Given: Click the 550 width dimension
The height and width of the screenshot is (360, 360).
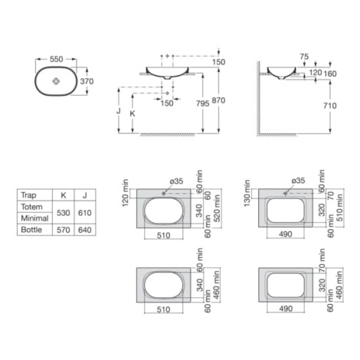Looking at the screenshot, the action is pyautogui.click(x=56, y=59).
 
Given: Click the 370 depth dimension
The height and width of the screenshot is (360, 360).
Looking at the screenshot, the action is pyautogui.click(x=87, y=81).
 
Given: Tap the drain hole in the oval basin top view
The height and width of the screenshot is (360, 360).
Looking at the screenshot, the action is pyautogui.click(x=56, y=81).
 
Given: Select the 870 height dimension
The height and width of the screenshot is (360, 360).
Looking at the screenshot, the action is pyautogui.click(x=218, y=100).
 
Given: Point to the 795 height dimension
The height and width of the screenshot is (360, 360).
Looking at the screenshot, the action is pyautogui.click(x=203, y=103).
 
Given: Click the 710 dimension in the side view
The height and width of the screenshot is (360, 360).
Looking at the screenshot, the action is pyautogui.click(x=330, y=106).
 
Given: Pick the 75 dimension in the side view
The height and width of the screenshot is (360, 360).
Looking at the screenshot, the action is pyautogui.click(x=304, y=57).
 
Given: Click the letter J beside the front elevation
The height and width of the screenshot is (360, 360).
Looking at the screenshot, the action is pyautogui.click(x=118, y=111).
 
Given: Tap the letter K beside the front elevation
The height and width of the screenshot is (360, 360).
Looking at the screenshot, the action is pyautogui.click(x=133, y=113).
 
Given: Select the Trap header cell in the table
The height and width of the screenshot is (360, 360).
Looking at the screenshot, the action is pyautogui.click(x=28, y=195).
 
